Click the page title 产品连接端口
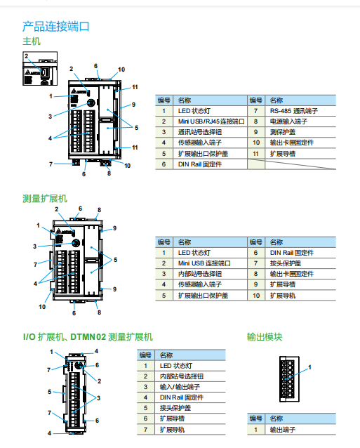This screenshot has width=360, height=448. coord(56,27)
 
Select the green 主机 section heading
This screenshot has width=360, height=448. coord(32,41)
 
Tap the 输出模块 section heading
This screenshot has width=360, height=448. coord(265,337)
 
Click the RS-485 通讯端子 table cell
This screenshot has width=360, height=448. coord(294,111)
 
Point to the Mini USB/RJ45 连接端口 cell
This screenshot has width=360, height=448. coord(210,121)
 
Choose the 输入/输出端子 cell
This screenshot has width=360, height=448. coord(180,387)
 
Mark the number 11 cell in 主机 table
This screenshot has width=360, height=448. coord(256,153)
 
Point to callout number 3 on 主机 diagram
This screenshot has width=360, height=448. coord(50,116)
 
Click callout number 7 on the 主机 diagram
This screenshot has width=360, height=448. coord(50,164)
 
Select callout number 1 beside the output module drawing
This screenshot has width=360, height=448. coord(309,367)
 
